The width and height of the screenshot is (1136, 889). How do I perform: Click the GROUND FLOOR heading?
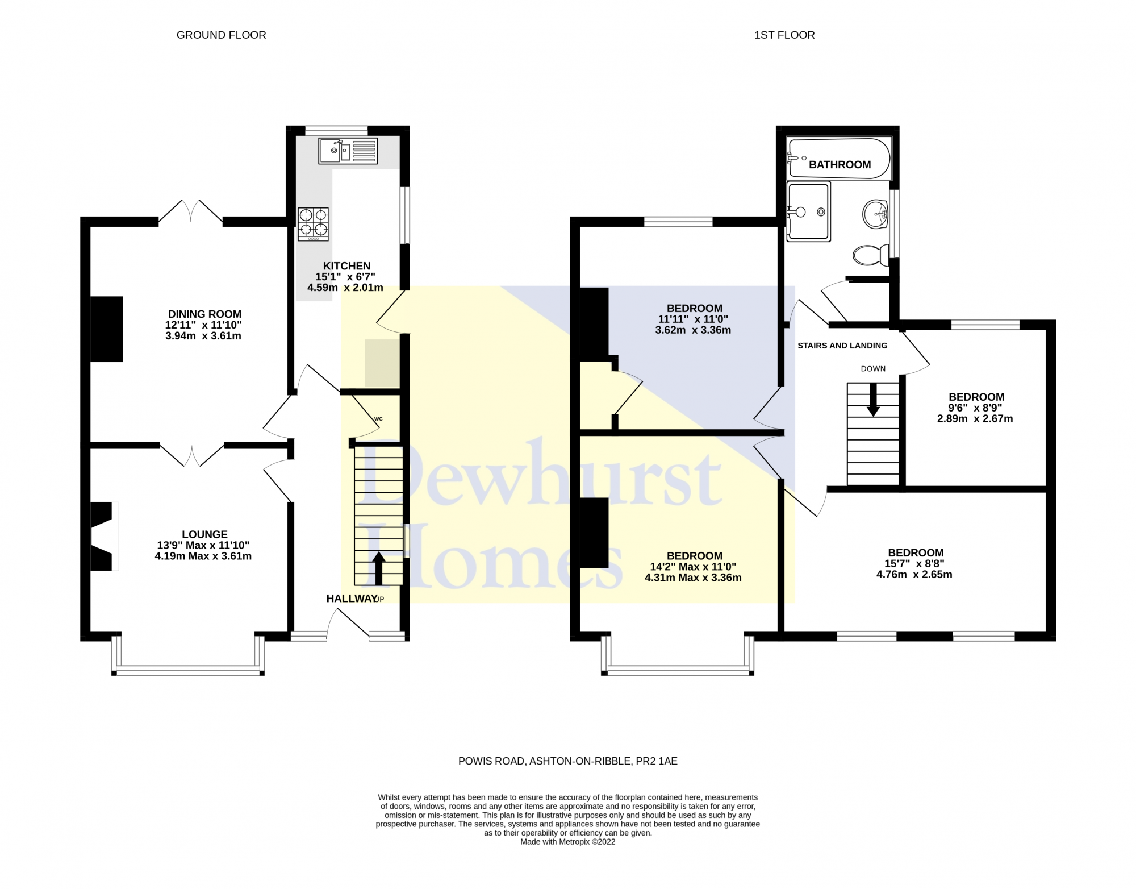click(221, 35)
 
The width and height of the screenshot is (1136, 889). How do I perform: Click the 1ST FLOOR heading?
click(784, 35)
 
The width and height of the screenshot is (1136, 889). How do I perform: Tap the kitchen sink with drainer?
click(348, 151)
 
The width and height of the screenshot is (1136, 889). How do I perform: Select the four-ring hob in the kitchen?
click(313, 223)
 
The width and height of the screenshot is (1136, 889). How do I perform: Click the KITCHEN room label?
click(346, 266)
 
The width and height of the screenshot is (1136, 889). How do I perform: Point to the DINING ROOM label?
click(204, 314)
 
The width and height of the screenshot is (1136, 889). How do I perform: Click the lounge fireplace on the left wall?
click(103, 536)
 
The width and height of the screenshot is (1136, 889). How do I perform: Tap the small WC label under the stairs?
click(378, 419)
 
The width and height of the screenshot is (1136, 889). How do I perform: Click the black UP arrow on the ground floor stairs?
click(379, 568)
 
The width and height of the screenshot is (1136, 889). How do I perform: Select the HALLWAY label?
click(352, 599)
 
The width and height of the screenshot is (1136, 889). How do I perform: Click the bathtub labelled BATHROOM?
click(839, 158)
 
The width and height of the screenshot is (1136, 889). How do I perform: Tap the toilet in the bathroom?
click(871, 255)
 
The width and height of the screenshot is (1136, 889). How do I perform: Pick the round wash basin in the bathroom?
click(875, 214)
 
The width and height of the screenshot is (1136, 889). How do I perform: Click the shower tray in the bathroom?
click(808, 211)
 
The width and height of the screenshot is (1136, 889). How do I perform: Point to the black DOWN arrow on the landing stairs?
click(873, 400)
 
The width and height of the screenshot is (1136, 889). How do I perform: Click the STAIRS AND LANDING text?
click(842, 346)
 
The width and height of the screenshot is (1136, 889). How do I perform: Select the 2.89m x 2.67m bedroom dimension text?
click(975, 419)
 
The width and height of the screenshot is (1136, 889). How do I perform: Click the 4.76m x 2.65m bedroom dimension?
click(914, 575)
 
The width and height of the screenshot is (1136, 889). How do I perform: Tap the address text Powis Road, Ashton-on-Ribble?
click(567, 761)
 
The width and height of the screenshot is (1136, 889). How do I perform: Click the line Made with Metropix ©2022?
click(567, 842)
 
